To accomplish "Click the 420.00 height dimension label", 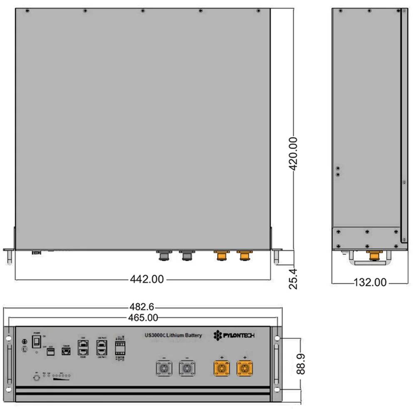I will tap(294, 154).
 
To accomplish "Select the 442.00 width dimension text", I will tap(147, 280).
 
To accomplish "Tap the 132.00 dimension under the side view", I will tap(370, 283).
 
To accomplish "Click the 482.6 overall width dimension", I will tap(142, 307).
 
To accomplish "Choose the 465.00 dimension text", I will tap(142, 318).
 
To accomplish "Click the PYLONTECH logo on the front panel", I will tap(234, 336).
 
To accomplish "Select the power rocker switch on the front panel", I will tap(37, 342).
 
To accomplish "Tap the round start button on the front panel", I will tap(36, 378).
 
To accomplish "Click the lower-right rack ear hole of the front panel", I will tap(277, 389).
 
